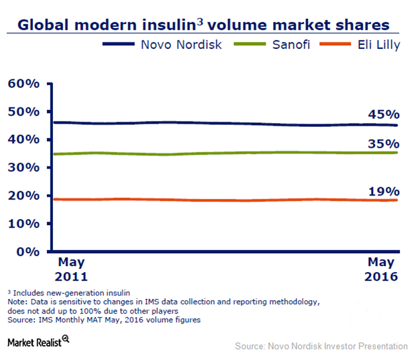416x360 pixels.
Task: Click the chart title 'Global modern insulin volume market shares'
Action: [203, 26]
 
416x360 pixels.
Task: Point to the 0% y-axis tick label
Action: [28, 252]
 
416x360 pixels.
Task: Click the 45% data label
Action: [383, 114]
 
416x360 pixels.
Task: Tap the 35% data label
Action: [383, 144]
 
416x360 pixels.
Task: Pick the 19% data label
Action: [383, 191]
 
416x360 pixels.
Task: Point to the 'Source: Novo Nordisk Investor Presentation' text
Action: [321, 347]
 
